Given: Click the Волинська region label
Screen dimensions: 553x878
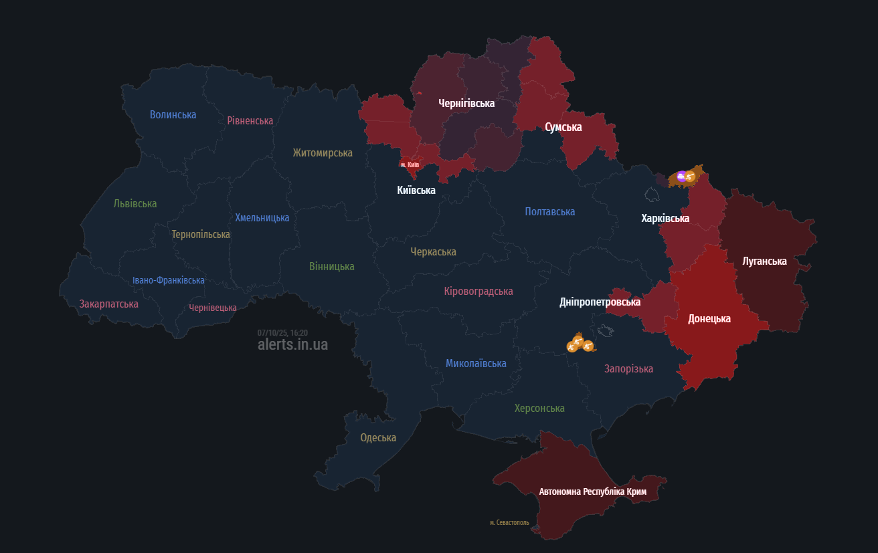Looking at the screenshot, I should pyautogui.click(x=173, y=115).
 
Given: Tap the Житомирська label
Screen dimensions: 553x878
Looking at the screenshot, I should pyautogui.click(x=322, y=153).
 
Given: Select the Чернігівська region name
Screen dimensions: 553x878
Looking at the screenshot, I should pyautogui.click(x=466, y=104).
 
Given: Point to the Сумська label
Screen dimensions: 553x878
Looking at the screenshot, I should pyautogui.click(x=563, y=127).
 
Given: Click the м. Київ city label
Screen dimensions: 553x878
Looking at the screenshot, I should pyautogui.click(x=410, y=164).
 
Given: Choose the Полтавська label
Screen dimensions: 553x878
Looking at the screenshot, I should pyautogui.click(x=549, y=212).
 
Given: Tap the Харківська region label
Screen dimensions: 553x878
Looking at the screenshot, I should pyautogui.click(x=665, y=219).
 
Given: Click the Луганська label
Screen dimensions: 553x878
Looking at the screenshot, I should pyautogui.click(x=764, y=261).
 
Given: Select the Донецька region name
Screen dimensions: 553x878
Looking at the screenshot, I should pyautogui.click(x=709, y=319).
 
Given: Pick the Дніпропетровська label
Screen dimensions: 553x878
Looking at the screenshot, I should pyautogui.click(x=600, y=302).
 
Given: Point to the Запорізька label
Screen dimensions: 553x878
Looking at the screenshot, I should pyautogui.click(x=628, y=369).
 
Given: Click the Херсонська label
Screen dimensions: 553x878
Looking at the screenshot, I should pyautogui.click(x=539, y=409).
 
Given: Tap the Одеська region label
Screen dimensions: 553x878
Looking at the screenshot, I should pyautogui.click(x=378, y=438).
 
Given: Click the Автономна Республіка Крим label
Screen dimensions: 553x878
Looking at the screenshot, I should pyautogui.click(x=593, y=492).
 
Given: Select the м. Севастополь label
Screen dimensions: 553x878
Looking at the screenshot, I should pyautogui.click(x=509, y=523).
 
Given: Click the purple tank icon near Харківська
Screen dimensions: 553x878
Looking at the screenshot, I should pyautogui.click(x=681, y=177).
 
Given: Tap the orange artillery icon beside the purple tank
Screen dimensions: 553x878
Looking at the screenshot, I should pyautogui.click(x=691, y=177).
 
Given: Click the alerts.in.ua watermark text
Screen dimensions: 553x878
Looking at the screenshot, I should pyautogui.click(x=292, y=345).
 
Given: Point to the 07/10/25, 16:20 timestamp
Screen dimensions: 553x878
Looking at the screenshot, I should pyautogui.click(x=282, y=332).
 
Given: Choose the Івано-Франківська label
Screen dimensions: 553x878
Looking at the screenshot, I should pyautogui.click(x=168, y=281).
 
